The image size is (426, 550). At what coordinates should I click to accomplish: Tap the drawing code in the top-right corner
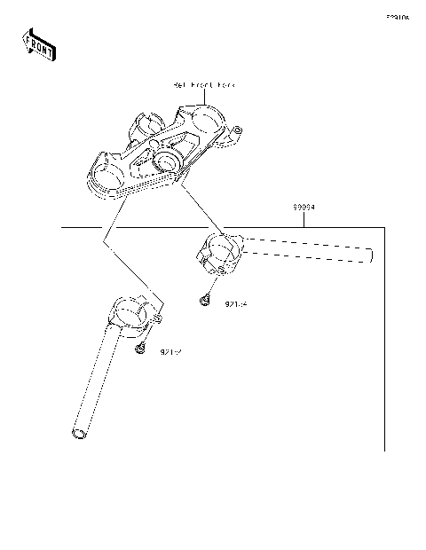click(397, 17)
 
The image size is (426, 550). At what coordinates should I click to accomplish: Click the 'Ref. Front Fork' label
click(204, 85)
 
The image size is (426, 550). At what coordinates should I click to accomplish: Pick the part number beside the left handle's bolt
click(171, 352)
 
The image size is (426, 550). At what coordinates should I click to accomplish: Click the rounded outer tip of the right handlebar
click(367, 255)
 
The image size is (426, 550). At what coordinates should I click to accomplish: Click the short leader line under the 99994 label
click(305, 219)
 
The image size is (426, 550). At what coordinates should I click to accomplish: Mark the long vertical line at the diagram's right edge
click(385, 337)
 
